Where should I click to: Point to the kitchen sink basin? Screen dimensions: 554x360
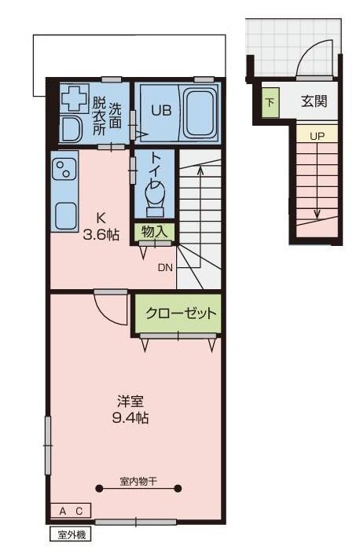pos(64,213)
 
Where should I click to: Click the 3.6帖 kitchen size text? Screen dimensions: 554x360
pos(102,233)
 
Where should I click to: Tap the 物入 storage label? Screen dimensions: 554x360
pos(154,231)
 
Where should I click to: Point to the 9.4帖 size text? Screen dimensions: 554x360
pos(130,417)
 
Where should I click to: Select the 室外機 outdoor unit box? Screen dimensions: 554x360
pos(71,535)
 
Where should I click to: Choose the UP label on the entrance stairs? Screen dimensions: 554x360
pos(317,135)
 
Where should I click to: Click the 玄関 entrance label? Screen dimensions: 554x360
pos(314,101)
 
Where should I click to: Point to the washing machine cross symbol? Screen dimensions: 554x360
pos(75,98)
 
